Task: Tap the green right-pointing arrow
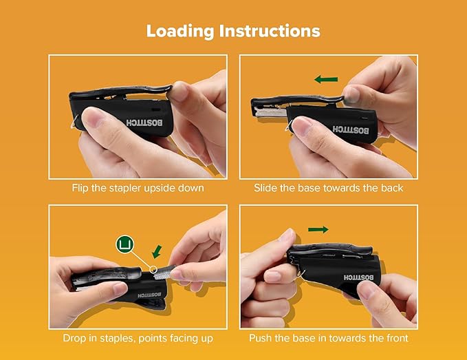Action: [x=317, y=229]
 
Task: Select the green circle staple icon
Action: [x=124, y=244]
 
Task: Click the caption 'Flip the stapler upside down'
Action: [x=138, y=188]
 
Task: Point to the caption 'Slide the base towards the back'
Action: [x=329, y=188]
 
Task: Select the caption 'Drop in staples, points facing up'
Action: [x=138, y=338]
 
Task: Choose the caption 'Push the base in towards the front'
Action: [x=329, y=338]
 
